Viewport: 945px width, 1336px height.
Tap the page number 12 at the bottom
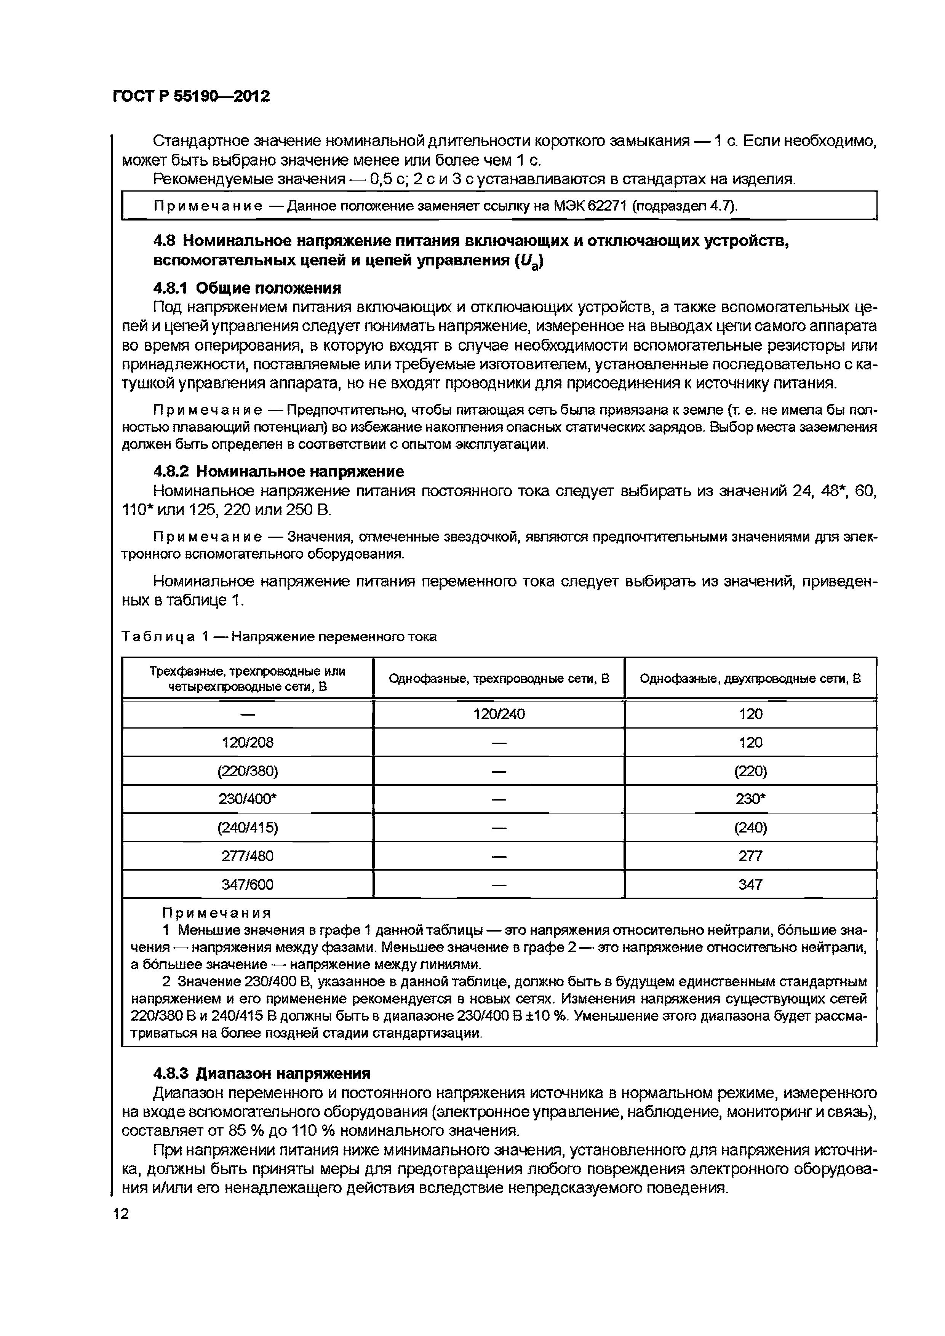(x=121, y=1213)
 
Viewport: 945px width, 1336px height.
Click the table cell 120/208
(x=247, y=743)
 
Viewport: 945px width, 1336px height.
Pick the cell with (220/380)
(x=247, y=771)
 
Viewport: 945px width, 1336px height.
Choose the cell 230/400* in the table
(x=247, y=799)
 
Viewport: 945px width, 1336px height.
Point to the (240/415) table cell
(x=247, y=828)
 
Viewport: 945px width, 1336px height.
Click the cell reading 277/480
(x=247, y=856)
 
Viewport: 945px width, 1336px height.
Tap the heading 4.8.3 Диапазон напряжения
(x=261, y=1072)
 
